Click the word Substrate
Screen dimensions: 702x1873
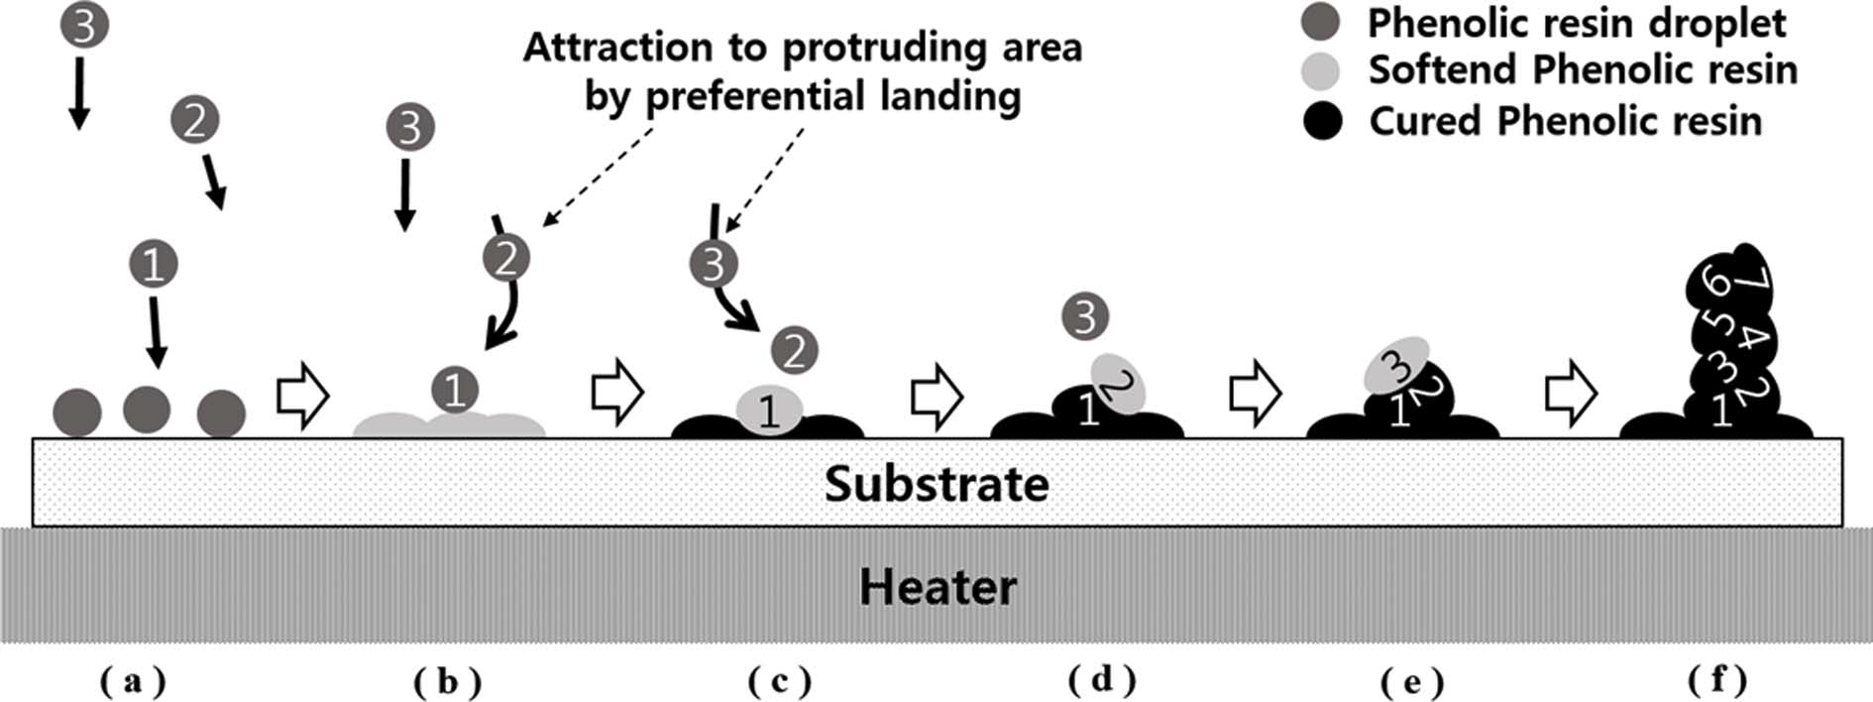(x=936, y=484)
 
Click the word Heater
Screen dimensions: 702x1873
(x=937, y=586)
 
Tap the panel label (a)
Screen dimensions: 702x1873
(x=133, y=681)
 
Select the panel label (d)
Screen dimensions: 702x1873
(x=1102, y=679)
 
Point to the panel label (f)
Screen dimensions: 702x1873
(x=1717, y=679)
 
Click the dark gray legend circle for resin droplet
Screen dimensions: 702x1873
(x=1320, y=22)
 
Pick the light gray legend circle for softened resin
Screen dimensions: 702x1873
(x=1320, y=70)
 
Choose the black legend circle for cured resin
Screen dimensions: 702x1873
(x=1320, y=121)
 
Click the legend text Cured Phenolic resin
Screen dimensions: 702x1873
(x=1565, y=121)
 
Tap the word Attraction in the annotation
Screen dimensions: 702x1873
(x=617, y=48)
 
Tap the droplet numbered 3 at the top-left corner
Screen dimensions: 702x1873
(x=83, y=25)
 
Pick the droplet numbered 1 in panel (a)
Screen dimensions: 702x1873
(x=154, y=264)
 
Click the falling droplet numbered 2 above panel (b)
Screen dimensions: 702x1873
(x=506, y=258)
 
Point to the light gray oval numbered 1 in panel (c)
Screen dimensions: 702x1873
(x=768, y=409)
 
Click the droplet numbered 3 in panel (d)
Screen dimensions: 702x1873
(x=1085, y=316)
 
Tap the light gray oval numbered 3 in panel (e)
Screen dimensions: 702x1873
(x=1395, y=366)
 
